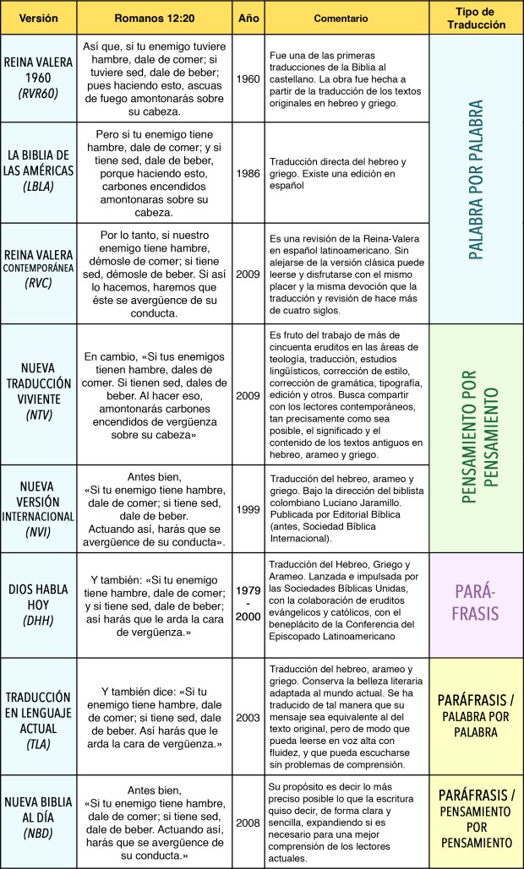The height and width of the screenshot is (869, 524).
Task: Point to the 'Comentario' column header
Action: pos(344,17)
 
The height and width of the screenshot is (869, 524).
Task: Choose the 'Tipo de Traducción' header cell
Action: pos(475,17)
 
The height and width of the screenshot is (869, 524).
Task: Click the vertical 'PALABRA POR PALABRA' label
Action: pos(475,179)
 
